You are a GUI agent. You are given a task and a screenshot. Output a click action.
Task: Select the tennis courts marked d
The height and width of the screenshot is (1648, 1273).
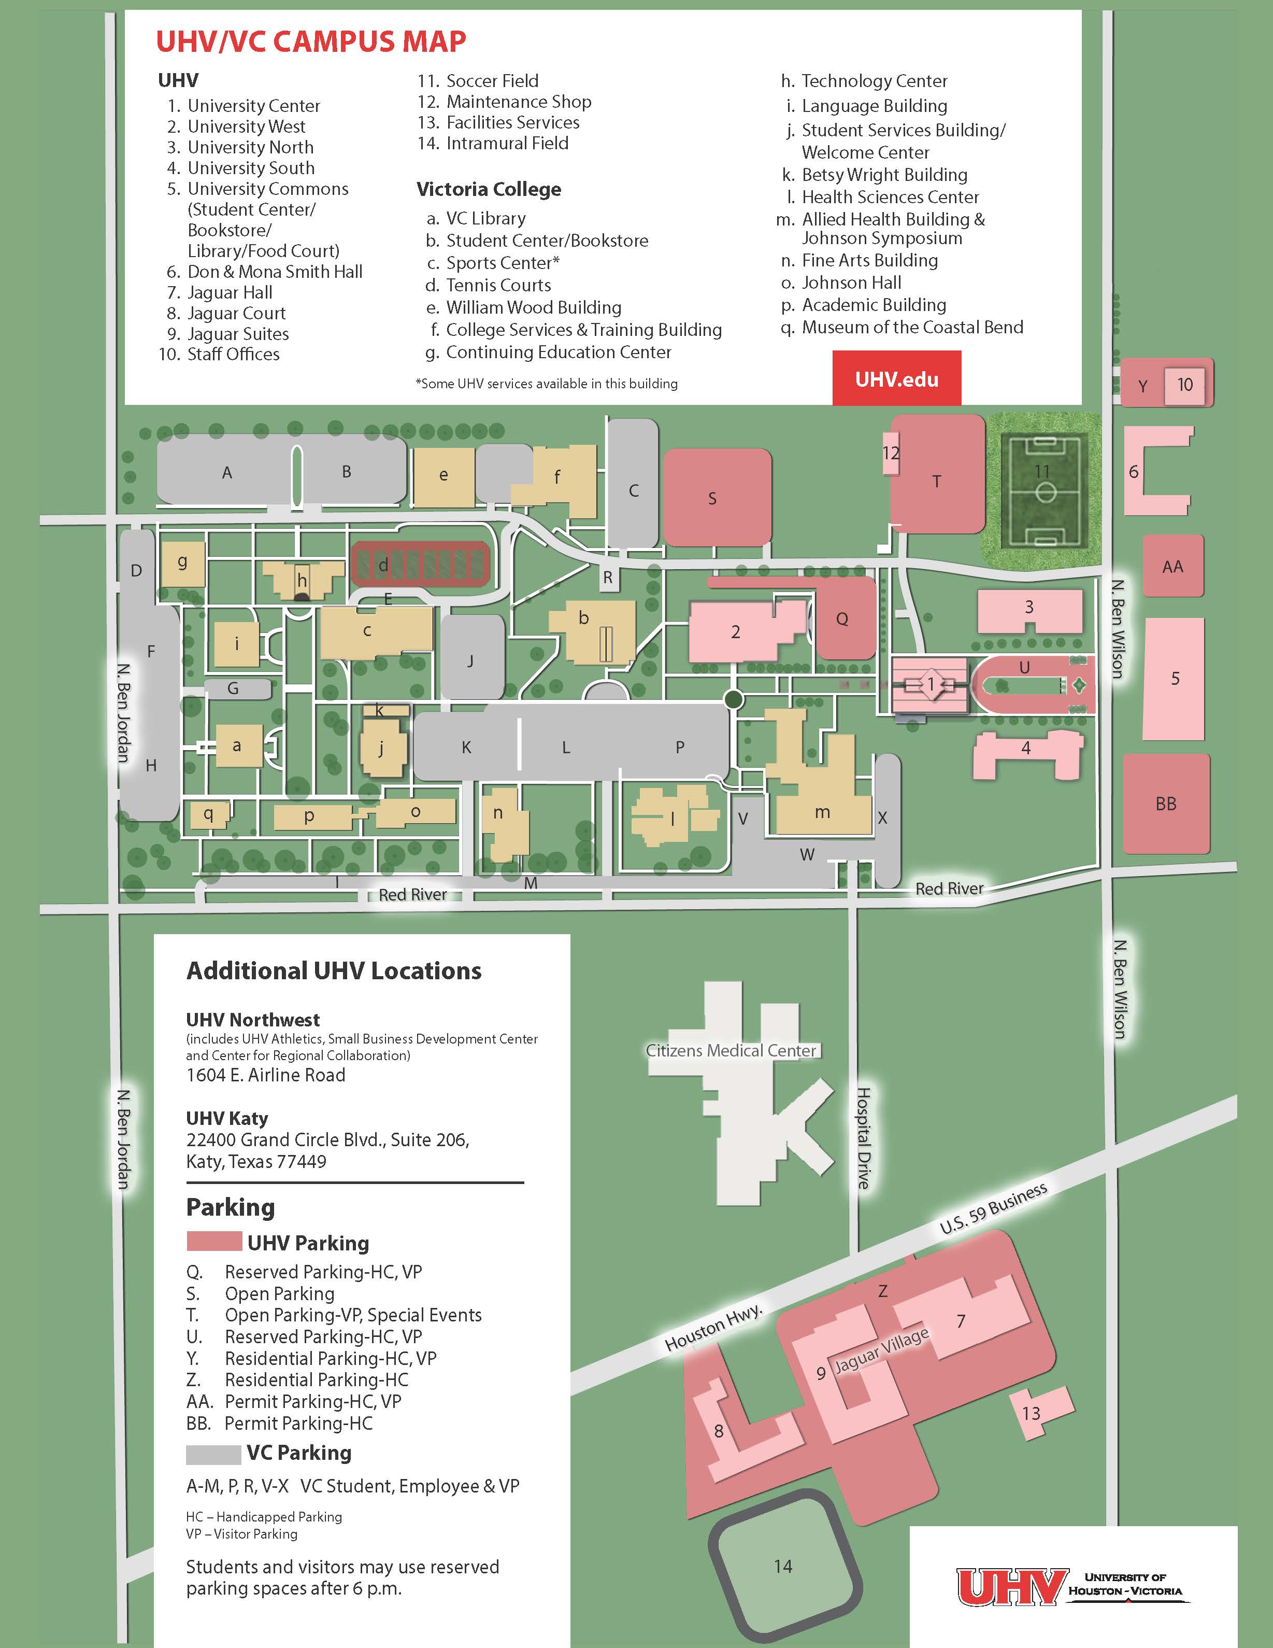click(x=420, y=565)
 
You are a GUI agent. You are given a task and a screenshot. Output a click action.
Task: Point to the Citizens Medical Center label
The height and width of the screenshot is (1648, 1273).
click(x=731, y=1050)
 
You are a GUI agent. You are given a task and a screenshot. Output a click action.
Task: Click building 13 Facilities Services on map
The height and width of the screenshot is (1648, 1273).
click(x=1040, y=1413)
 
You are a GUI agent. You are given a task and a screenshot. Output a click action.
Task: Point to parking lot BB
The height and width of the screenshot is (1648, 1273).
click(x=1166, y=804)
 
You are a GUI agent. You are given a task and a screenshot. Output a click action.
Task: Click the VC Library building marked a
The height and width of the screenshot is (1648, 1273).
click(x=238, y=745)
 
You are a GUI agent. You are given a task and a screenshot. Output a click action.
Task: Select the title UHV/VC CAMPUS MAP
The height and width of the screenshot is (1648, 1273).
click(x=311, y=41)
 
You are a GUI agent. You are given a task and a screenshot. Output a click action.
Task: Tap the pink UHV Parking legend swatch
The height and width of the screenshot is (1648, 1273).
click(x=213, y=1243)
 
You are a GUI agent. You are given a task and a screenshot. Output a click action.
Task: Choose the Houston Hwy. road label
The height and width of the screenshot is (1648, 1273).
click(x=713, y=1328)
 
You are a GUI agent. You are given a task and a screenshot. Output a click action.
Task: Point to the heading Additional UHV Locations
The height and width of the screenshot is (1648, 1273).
click(x=334, y=970)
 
